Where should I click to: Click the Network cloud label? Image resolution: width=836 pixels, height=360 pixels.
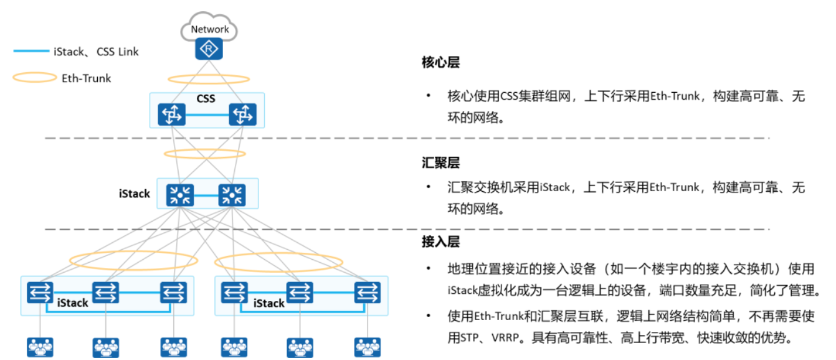tap(210, 29)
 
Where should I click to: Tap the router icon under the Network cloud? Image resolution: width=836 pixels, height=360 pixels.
tap(209, 49)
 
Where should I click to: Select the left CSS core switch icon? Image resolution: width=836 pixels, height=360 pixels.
tap(172, 115)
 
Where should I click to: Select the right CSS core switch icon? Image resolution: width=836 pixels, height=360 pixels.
tap(242, 115)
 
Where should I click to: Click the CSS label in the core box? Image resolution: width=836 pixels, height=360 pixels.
tap(206, 99)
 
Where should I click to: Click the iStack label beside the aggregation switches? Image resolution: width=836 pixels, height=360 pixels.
tap(135, 194)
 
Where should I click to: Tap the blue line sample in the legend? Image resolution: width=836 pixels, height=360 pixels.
tap(31, 52)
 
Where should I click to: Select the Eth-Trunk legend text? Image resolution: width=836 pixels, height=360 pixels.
tap(87, 78)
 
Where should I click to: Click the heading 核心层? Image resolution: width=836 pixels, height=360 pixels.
tap(440, 63)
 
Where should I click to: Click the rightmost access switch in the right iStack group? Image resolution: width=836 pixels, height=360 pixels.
tap(368, 292)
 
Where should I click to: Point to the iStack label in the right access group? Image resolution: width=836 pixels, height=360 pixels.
tap(268, 303)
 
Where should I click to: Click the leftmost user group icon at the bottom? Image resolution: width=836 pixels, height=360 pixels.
tap(40, 346)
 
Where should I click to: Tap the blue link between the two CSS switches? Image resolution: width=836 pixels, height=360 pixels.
tap(207, 115)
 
